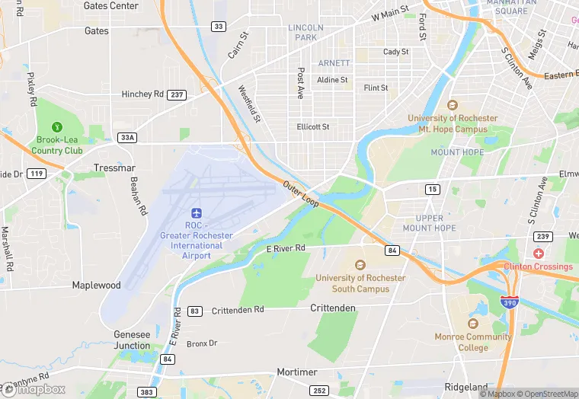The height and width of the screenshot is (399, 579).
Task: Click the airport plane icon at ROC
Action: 197,211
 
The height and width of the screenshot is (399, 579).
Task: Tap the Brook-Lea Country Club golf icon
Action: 56,127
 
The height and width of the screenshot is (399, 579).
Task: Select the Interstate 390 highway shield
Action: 510,301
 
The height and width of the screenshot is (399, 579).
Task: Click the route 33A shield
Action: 127,137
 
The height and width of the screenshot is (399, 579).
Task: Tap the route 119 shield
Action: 35,174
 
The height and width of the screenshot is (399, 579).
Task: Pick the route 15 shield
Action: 433,188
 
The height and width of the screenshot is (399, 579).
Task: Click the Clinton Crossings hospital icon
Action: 539,254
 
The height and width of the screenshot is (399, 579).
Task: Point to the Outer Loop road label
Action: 301,194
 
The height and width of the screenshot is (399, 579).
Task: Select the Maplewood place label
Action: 96,286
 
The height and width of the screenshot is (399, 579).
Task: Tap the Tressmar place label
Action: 114,167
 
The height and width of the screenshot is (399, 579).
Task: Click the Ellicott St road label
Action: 313,126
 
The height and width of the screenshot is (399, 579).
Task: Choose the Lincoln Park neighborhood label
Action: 305,32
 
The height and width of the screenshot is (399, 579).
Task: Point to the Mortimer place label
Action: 296,372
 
